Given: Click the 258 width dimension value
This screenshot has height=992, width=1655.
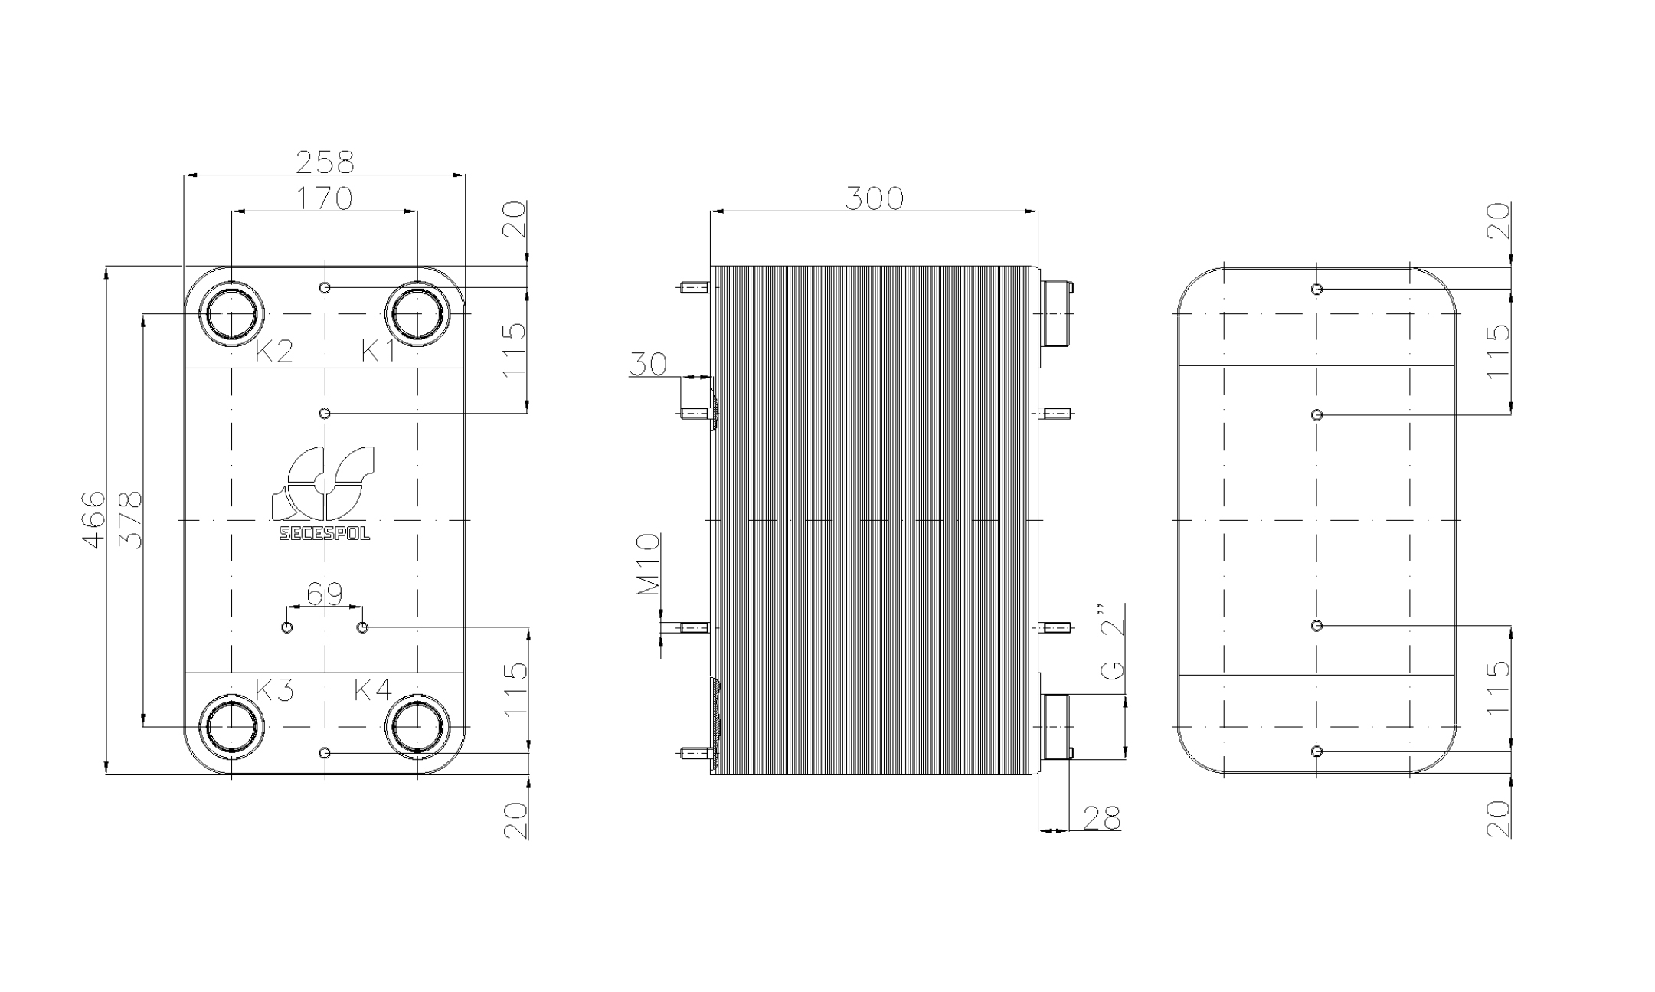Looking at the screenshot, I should coord(325,162).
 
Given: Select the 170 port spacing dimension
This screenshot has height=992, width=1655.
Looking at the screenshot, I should coord(325,198).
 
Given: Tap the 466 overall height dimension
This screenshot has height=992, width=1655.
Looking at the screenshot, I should coord(93,519).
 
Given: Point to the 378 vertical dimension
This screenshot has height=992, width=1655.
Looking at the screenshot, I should coord(130,519).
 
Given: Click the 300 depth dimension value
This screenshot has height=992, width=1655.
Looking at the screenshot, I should coord(874,198).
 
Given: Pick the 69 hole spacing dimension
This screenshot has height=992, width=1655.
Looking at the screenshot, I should coord(325,594).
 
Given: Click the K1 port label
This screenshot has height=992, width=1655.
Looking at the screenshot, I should coord(378,352).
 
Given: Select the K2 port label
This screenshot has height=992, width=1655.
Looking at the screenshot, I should coord(273,352).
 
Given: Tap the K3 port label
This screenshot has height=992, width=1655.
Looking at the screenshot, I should coord(274,690).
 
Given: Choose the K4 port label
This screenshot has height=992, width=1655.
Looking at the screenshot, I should coord(373,690).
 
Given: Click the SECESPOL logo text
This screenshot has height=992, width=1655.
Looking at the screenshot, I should coord(325,534).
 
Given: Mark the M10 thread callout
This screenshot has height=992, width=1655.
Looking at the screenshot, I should coord(648,565).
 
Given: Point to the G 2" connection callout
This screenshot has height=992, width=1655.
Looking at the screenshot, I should coord(1112,642).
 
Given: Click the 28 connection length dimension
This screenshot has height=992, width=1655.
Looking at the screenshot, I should coord(1102,817).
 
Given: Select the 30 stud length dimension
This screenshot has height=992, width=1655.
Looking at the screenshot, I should coord(648,365).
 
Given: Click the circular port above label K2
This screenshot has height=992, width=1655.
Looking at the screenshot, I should coord(231,314).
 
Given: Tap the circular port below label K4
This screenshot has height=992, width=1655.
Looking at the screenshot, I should coord(418,726).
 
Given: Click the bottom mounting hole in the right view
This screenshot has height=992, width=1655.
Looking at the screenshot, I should coord(1316,751).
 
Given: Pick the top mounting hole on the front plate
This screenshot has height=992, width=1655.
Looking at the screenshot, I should coord(325,287).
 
